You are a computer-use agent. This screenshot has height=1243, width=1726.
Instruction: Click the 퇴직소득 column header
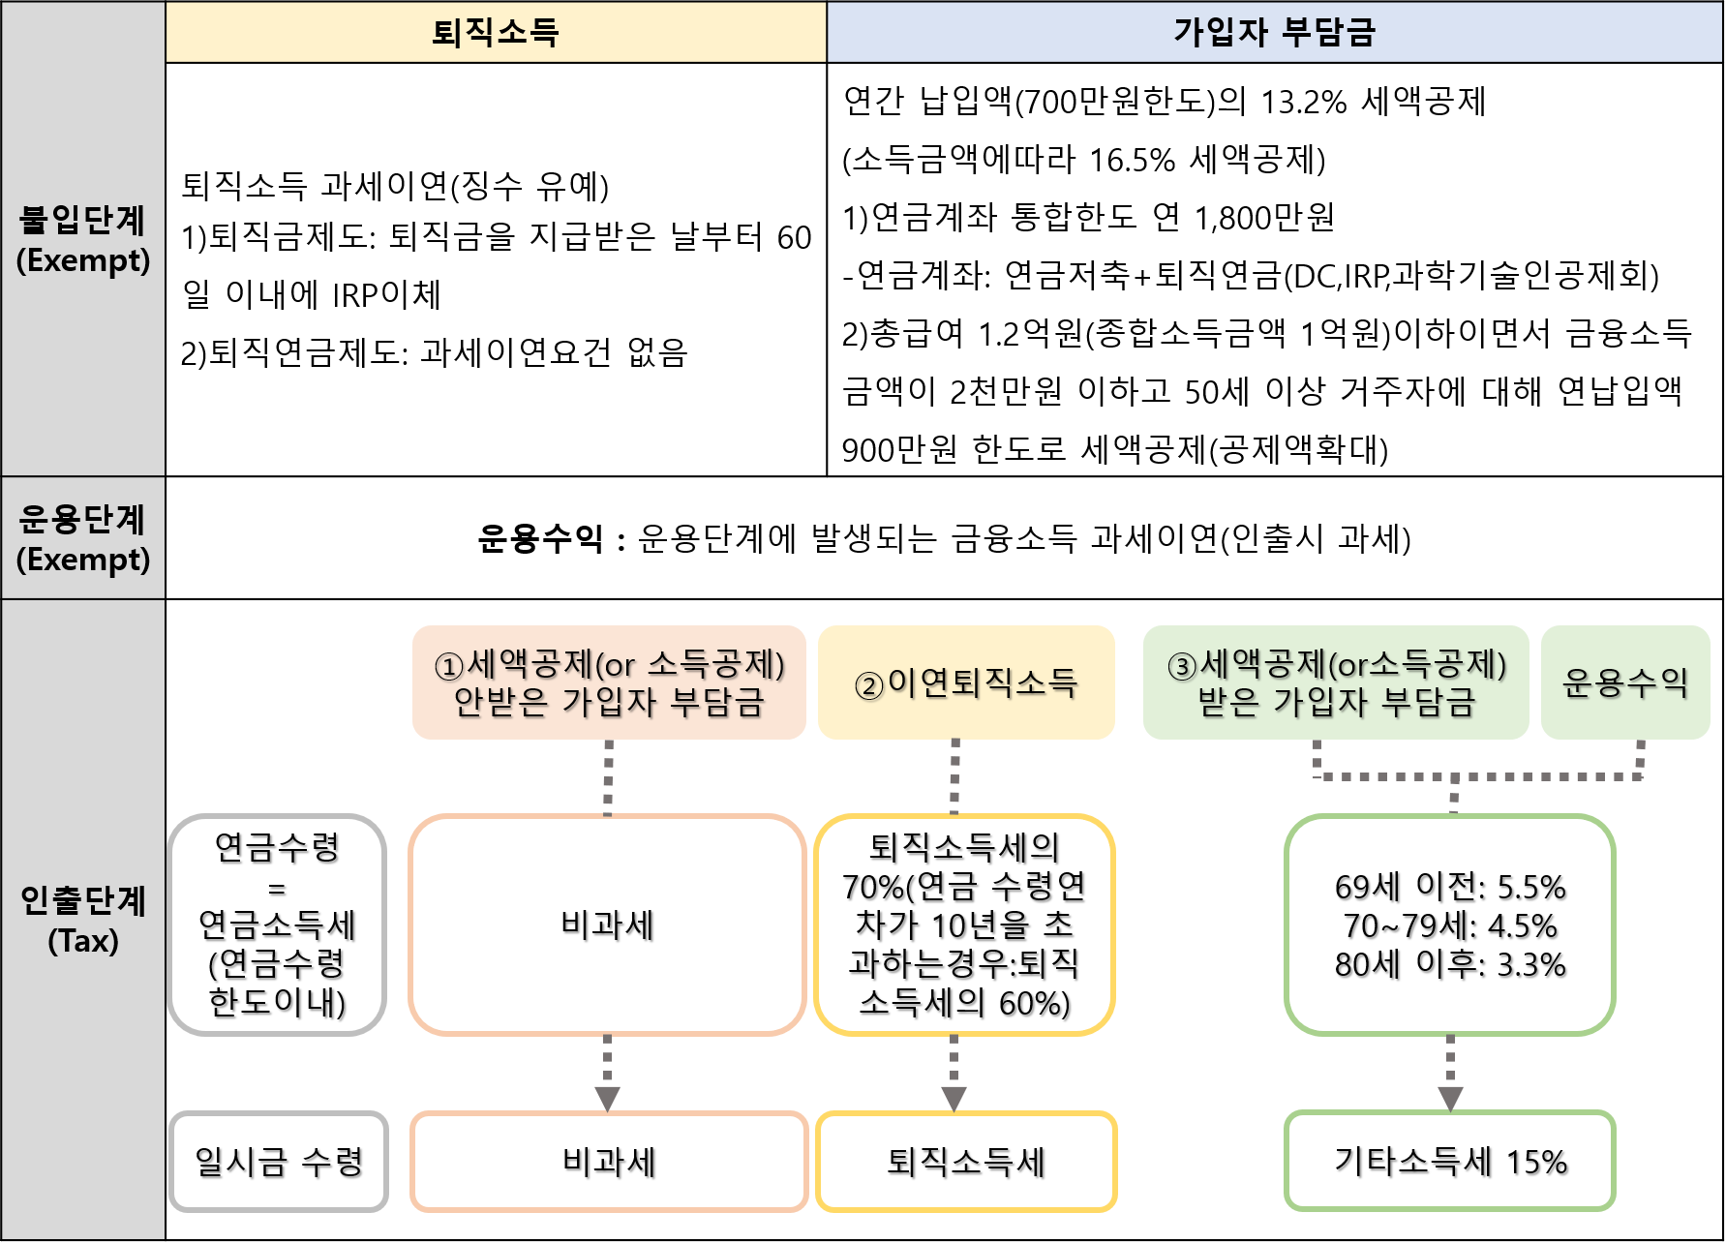tap(496, 32)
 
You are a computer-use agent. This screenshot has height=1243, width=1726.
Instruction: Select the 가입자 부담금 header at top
tap(1274, 32)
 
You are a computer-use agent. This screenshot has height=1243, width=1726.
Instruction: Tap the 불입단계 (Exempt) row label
tap(83, 239)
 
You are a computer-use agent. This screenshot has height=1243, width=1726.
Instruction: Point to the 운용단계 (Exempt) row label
tap(83, 538)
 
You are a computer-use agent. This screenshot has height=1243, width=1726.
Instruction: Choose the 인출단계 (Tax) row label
tap(83, 920)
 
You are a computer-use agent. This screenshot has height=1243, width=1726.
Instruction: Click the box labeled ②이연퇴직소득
tap(966, 682)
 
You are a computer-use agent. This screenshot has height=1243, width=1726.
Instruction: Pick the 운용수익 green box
tap(1625, 682)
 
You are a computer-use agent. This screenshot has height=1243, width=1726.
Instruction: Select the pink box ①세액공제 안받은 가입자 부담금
tap(609, 682)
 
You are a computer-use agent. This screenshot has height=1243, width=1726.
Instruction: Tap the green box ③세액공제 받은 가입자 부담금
tap(1336, 682)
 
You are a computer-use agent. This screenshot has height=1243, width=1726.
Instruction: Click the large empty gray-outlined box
tap(277, 925)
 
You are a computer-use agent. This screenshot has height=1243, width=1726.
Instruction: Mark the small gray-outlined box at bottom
tap(279, 1161)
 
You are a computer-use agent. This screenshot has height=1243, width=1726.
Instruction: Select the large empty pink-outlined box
tap(607, 925)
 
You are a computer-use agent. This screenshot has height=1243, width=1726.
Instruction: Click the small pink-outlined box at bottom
tap(609, 1161)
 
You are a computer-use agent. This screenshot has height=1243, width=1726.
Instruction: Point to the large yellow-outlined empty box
tap(965, 925)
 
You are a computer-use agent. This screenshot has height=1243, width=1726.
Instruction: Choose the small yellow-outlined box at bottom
tap(966, 1161)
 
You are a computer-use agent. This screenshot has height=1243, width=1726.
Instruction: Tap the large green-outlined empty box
tap(1450, 925)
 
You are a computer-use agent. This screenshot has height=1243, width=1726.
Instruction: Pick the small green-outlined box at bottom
tap(1450, 1161)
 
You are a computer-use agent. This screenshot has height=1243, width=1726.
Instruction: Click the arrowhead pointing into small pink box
tap(607, 1099)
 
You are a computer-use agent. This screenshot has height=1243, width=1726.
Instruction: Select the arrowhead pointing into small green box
tap(1450, 1099)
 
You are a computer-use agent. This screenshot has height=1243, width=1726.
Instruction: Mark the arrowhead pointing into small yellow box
tap(954, 1099)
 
